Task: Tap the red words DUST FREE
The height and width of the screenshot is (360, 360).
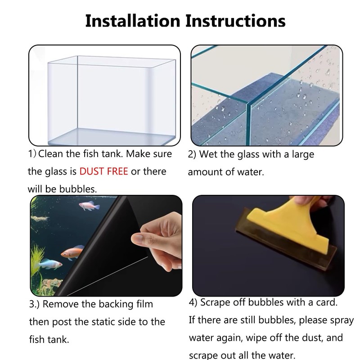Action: pyautogui.click(x=104, y=171)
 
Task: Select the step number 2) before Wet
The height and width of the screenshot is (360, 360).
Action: pyautogui.click(x=192, y=154)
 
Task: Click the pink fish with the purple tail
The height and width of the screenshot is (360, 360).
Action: pyautogui.click(x=89, y=207)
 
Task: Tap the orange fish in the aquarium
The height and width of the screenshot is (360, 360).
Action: pyautogui.click(x=72, y=252)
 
